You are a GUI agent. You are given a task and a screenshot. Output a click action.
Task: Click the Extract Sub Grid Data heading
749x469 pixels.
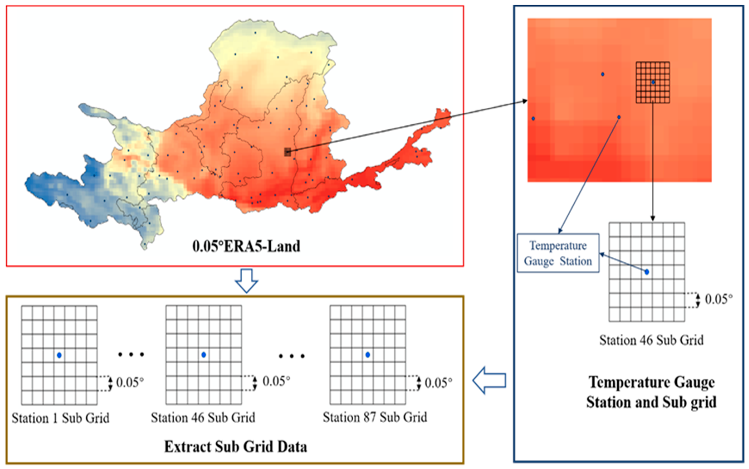pos(236,447)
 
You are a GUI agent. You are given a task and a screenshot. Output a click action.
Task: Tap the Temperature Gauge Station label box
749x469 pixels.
pos(558,253)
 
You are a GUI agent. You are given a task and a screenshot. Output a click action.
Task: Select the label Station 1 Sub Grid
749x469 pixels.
pos(61,418)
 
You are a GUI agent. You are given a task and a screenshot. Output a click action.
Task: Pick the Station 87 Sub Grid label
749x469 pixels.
pos(375,418)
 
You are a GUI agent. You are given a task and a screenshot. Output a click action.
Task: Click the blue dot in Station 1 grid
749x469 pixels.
pos(59,355)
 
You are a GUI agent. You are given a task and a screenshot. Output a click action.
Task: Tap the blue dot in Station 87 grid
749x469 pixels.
pos(368,355)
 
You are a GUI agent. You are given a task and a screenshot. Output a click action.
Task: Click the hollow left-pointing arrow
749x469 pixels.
pos(490,380)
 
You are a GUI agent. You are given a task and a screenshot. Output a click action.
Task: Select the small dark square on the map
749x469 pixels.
pos(288,152)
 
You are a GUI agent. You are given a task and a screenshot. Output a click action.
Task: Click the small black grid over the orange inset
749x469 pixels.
pos(652,82)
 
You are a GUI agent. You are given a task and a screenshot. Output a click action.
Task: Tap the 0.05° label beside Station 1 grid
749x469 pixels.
pos(130,383)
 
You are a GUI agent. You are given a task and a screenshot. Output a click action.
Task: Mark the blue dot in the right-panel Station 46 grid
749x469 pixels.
pos(646,272)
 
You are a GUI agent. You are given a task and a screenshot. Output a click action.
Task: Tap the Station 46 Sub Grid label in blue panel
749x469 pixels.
pos(651,340)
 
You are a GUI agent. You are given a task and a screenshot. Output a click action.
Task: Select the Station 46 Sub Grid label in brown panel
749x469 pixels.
pos(203,418)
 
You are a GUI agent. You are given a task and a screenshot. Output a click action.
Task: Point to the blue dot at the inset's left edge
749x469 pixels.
pos(533,118)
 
